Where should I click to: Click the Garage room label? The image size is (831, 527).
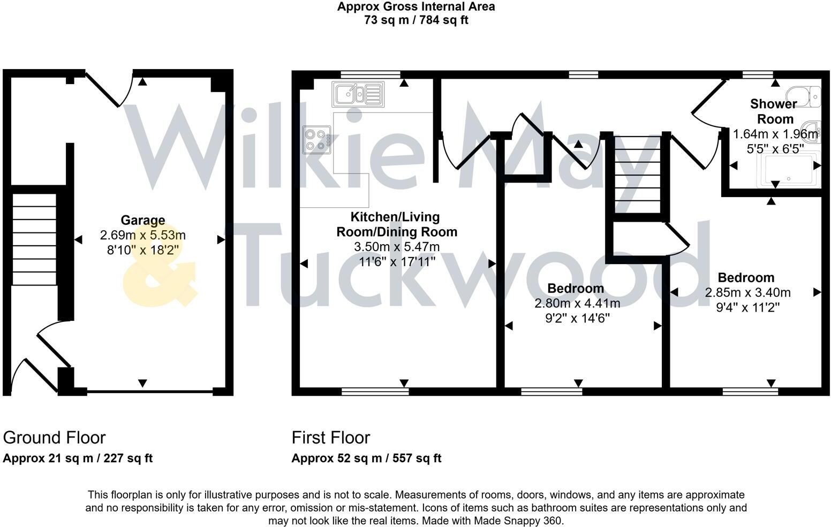click(x=143, y=220)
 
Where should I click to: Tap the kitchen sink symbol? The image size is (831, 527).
click(x=358, y=94)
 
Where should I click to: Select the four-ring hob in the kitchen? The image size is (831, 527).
click(x=316, y=140)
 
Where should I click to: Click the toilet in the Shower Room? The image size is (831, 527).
click(x=803, y=96)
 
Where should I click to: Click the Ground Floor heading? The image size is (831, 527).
click(x=54, y=438)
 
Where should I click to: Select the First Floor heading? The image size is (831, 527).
click(x=331, y=438)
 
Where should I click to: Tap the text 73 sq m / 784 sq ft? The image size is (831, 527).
click(x=416, y=20)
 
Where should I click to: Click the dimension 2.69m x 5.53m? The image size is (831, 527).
click(x=143, y=235)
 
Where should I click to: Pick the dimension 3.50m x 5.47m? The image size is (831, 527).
click(x=397, y=247)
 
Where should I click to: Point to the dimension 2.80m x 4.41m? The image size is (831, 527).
click(x=577, y=303)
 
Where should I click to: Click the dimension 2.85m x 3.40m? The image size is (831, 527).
click(x=747, y=292)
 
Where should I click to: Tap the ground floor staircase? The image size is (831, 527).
click(x=34, y=239)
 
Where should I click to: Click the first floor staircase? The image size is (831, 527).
click(x=638, y=175)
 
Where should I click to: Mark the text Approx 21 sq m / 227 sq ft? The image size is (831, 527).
click(x=78, y=458)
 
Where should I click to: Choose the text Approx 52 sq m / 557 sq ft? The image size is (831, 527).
click(x=367, y=458)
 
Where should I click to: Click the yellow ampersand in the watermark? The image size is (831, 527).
click(x=160, y=265)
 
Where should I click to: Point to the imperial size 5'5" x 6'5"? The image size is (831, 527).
click(x=775, y=149)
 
